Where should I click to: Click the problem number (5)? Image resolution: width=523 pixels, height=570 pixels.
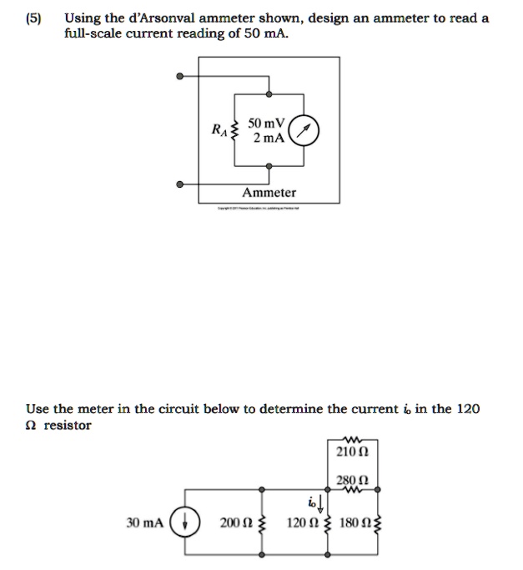[34, 18]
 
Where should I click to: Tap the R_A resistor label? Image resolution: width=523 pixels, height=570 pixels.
[218, 129]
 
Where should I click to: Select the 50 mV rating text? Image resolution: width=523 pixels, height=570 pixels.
[266, 123]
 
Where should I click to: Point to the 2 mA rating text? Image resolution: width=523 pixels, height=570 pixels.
[268, 138]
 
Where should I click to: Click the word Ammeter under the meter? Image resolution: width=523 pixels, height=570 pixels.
[269, 192]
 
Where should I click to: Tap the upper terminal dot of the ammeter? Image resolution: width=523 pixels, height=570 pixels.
[179, 77]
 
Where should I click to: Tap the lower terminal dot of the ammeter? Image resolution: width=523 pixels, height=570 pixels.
[179, 184]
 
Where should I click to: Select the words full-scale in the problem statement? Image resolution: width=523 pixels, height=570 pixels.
[92, 34]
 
